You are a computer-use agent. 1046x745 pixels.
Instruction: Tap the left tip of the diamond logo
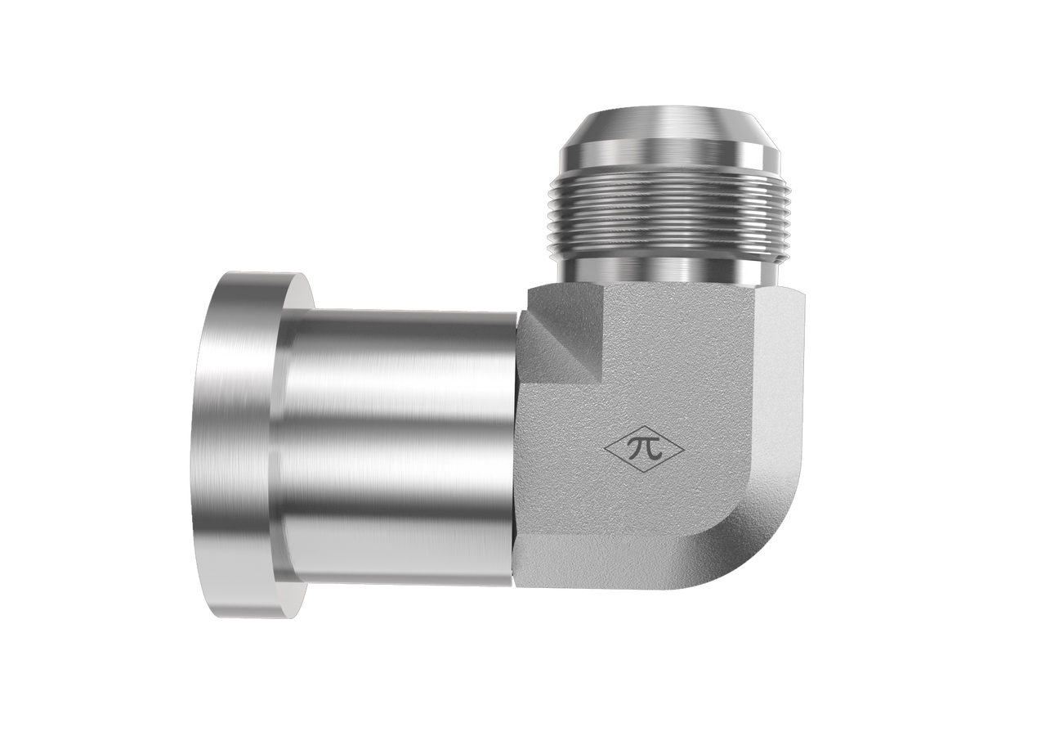coord(604,450)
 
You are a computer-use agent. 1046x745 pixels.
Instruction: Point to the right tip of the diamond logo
coord(685,450)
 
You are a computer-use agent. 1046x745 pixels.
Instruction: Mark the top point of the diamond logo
coord(646,426)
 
